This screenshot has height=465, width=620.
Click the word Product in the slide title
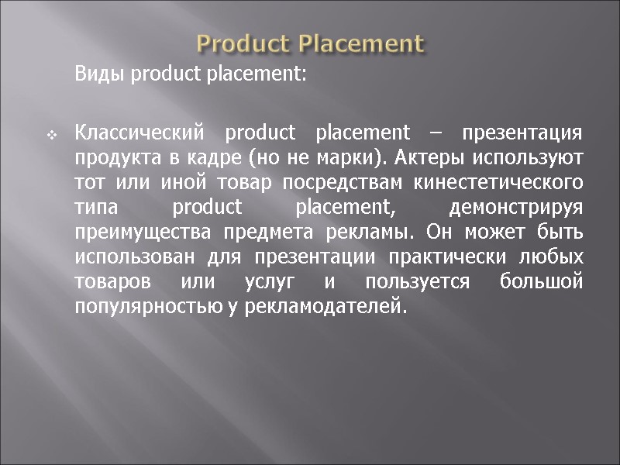point(244,43)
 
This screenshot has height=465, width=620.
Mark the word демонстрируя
point(515,208)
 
